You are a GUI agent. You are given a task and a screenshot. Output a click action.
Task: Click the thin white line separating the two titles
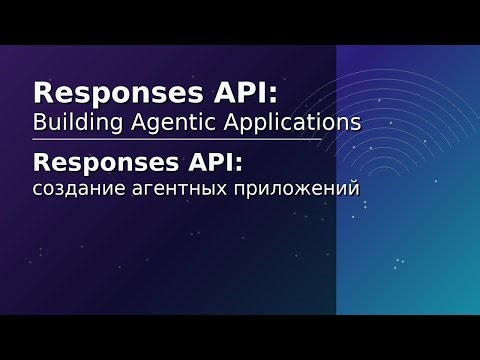(190, 140)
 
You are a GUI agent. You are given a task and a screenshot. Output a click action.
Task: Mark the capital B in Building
(41, 123)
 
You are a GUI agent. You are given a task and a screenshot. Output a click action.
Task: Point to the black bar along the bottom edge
(240, 337)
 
